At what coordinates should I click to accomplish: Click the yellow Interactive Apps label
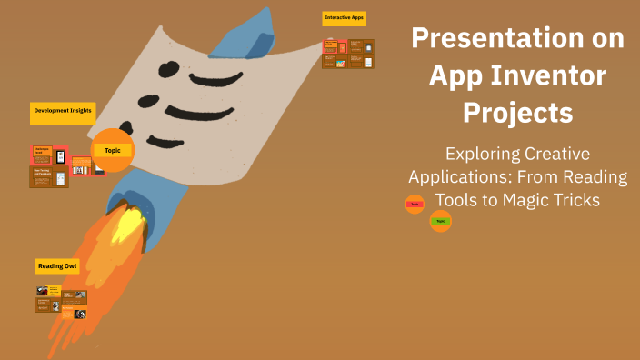(345, 18)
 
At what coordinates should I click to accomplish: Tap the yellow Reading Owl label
(57, 265)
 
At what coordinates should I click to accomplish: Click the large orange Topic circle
(113, 150)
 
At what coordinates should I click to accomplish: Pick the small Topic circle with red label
(415, 205)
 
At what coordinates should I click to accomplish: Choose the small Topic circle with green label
(440, 221)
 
